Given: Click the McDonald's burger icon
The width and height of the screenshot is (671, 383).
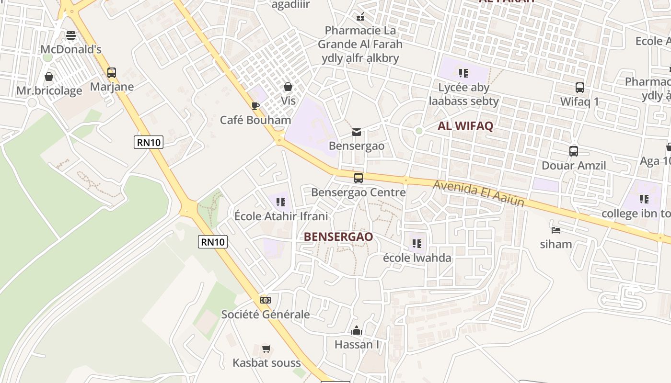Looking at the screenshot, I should click(71, 35).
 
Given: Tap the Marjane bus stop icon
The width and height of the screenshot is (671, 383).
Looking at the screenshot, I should click(112, 73).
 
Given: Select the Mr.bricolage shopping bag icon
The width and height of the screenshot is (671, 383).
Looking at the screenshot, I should click(49, 77).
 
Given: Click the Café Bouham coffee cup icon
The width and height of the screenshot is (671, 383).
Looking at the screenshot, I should click(255, 106).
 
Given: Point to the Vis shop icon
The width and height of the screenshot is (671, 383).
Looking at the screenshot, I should click(288, 87).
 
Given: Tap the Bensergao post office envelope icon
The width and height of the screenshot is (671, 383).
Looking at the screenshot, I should click(357, 132).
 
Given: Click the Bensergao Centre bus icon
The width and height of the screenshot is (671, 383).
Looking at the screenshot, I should click(359, 178).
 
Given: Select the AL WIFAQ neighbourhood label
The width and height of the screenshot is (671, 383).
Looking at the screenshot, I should click(465, 126).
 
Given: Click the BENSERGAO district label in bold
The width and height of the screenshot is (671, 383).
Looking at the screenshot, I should click(338, 237).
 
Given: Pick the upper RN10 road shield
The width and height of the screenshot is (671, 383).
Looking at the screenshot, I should click(149, 142).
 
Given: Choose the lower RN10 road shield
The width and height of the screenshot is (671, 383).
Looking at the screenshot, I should click(213, 242).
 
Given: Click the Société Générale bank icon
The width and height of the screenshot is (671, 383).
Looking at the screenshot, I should click(266, 300).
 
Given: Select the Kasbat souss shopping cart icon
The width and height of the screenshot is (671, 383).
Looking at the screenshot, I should click(266, 349).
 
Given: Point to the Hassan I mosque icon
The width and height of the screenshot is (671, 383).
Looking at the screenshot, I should click(357, 330).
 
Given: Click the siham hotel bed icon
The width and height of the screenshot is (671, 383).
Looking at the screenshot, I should click(556, 230).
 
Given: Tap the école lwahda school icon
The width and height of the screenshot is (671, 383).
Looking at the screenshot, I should click(417, 244).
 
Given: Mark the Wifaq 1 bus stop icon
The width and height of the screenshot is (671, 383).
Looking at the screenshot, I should click(580, 88).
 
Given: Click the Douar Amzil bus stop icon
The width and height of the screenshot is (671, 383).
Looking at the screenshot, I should click(574, 151).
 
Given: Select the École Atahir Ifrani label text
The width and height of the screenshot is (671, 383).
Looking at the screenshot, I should click(281, 216).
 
